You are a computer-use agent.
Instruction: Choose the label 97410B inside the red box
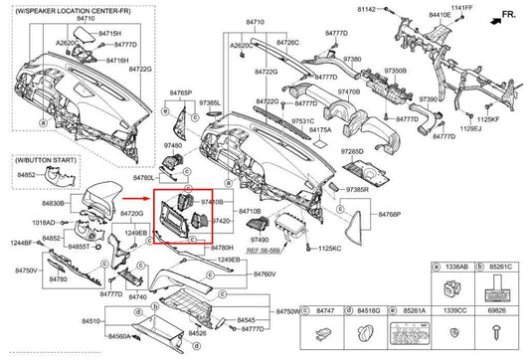(214, 202)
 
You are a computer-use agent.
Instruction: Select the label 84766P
(388, 214)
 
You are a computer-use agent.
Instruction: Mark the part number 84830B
(54, 203)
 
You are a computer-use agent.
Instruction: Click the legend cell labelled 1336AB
(454, 269)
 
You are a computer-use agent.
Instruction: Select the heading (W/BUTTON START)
(42, 159)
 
